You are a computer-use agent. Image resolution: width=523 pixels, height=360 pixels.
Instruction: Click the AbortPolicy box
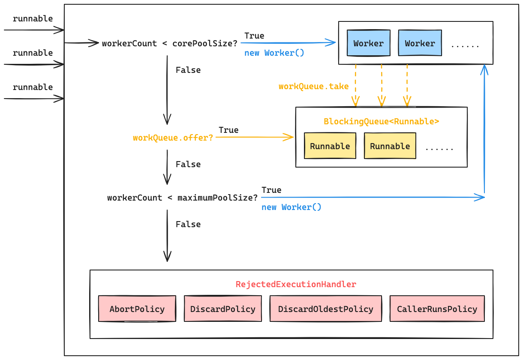(137, 309)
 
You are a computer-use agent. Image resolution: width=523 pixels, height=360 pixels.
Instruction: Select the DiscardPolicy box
(222, 309)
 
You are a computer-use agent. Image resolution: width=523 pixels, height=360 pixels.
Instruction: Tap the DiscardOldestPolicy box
(325, 309)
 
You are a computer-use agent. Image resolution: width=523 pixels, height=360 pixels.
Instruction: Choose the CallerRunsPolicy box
(437, 309)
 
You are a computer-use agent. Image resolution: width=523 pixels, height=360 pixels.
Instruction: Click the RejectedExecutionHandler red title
(296, 284)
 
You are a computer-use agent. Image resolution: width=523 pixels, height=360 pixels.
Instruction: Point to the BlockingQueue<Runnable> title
(381, 121)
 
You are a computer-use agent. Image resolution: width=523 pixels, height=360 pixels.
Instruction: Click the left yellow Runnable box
(330, 146)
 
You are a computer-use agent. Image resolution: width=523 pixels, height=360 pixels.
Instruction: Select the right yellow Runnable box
(390, 146)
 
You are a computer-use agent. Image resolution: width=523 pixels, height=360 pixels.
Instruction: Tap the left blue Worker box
(368, 43)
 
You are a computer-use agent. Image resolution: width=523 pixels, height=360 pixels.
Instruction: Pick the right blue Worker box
(420, 43)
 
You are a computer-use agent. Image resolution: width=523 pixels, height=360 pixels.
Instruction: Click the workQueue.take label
(313, 86)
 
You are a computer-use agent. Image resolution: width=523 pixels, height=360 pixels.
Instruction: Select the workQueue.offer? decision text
(173, 138)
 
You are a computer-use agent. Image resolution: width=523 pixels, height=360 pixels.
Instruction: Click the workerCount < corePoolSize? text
(169, 43)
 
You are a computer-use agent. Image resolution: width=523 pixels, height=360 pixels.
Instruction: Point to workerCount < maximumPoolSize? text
(182, 198)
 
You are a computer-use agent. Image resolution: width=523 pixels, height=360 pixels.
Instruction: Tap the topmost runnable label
(33, 18)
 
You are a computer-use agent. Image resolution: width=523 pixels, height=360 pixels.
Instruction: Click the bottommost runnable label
(33, 87)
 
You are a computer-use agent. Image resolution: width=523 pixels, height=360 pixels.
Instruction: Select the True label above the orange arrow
(228, 130)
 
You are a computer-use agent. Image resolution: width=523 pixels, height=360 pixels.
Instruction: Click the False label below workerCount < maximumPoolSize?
(188, 224)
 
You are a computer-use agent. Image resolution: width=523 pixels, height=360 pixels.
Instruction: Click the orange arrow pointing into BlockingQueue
(255, 137)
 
